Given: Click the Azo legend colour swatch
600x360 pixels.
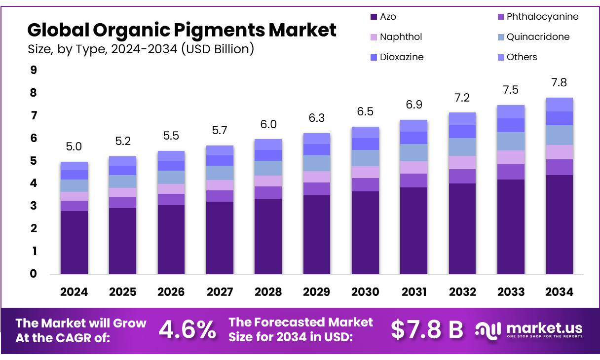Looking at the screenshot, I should pos(374,17).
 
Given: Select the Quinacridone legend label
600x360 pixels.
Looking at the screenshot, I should pos(538,37).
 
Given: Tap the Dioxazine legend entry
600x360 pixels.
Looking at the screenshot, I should pos(401,57).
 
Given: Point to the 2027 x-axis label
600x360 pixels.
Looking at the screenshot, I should pos(220,292).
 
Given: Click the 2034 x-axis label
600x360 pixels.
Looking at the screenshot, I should pos(559,292).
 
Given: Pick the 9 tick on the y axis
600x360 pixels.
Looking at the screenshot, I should pos(34,70).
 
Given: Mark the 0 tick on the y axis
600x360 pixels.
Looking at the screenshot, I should pos(34,274).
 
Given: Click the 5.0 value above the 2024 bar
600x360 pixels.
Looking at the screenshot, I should pos(74,146).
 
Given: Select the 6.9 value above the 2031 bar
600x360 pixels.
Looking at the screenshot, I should pos(413,105).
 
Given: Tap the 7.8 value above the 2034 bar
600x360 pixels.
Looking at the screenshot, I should pos(559,82).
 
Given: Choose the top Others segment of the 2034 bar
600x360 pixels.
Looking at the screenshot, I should pos(559,105).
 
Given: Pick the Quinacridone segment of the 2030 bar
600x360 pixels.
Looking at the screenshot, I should pos(365,158).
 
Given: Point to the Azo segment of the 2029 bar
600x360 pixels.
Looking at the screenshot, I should pos(316,234).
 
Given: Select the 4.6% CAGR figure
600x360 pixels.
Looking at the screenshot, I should pos(187,330).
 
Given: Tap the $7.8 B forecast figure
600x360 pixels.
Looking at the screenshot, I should pos(427,330).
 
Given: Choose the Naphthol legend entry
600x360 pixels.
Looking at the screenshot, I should pos(401,37).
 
